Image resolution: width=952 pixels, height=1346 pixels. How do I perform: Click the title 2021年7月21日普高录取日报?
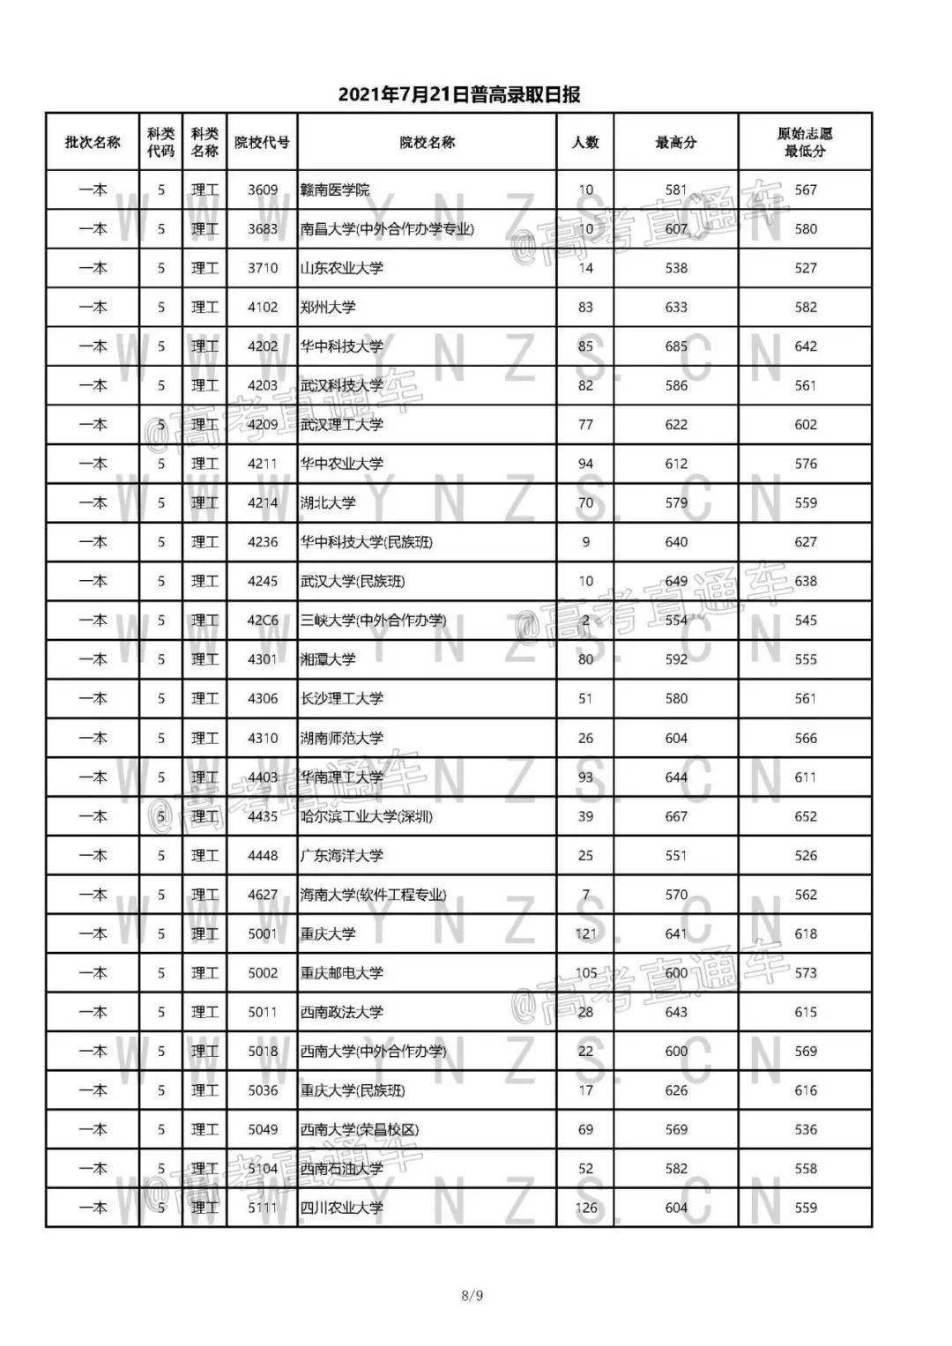pyautogui.click(x=458, y=95)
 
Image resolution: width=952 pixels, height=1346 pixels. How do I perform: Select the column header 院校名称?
pyautogui.click(x=427, y=142)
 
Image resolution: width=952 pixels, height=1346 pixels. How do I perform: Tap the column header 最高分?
pyautogui.click(x=676, y=142)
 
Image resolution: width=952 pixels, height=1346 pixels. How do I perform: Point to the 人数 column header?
pyautogui.click(x=585, y=142)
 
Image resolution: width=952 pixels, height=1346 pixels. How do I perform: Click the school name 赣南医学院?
pyautogui.click(x=335, y=190)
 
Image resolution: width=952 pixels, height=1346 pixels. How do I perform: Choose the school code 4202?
pyautogui.click(x=263, y=346)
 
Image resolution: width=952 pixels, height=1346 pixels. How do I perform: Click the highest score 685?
pyautogui.click(x=676, y=346)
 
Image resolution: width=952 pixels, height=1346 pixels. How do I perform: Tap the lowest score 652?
pyautogui.click(x=806, y=816)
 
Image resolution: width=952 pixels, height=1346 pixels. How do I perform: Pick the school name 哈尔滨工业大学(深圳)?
pyautogui.click(x=367, y=816)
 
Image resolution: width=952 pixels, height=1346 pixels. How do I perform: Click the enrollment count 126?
pyautogui.click(x=585, y=1208)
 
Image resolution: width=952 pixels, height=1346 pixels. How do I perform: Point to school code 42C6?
pyautogui.click(x=263, y=621)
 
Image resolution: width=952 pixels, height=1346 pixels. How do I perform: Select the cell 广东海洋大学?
pyautogui.click(x=342, y=856)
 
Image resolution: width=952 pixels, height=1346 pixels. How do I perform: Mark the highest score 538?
pyautogui.click(x=676, y=268)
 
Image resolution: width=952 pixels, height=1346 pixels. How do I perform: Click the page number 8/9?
pyautogui.click(x=472, y=1295)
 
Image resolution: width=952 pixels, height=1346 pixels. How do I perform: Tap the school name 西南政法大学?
pyautogui.click(x=342, y=1012)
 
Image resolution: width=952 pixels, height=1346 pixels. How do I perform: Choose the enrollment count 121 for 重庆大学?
pyautogui.click(x=585, y=933)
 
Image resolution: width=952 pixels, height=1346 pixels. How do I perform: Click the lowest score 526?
pyautogui.click(x=806, y=856)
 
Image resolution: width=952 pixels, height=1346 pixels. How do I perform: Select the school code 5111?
pyautogui.click(x=263, y=1208)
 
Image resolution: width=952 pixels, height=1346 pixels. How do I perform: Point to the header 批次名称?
pyautogui.click(x=93, y=142)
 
